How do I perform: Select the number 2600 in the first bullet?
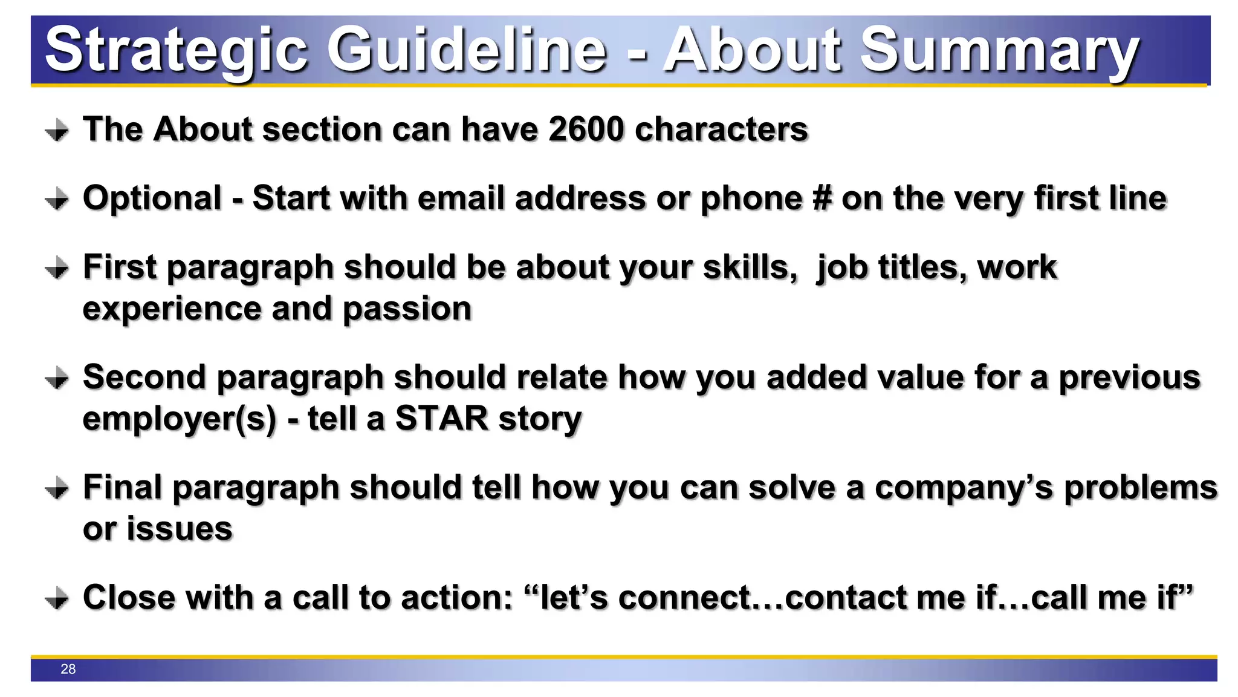pos(586,129)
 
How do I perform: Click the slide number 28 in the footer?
pos(68,669)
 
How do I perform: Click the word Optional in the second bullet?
pos(152,198)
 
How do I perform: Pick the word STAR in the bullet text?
pos(441,419)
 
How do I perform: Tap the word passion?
pos(407,309)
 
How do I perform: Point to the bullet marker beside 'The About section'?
pos(57,130)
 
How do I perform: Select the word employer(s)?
pos(180,419)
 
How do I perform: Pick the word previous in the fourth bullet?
pos(1129,378)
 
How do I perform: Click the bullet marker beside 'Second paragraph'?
pos(57,378)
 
